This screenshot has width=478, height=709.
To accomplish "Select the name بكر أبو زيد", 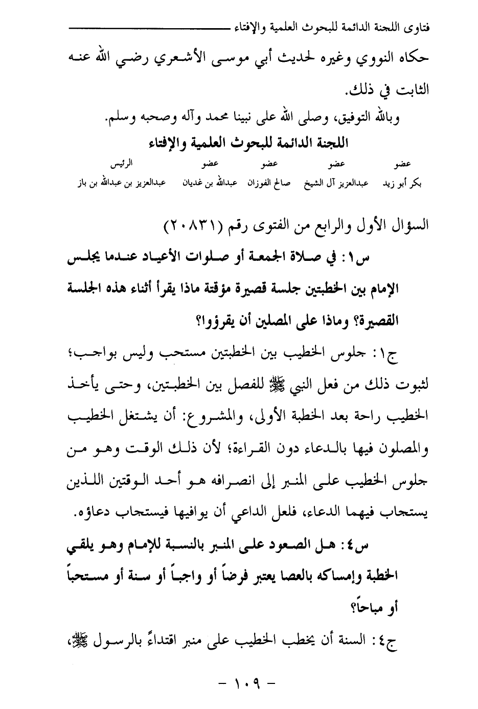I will tap(402, 183).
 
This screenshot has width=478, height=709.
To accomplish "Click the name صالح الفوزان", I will tap(269, 183).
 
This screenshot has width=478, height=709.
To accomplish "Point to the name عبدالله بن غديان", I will tap(210, 183).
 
